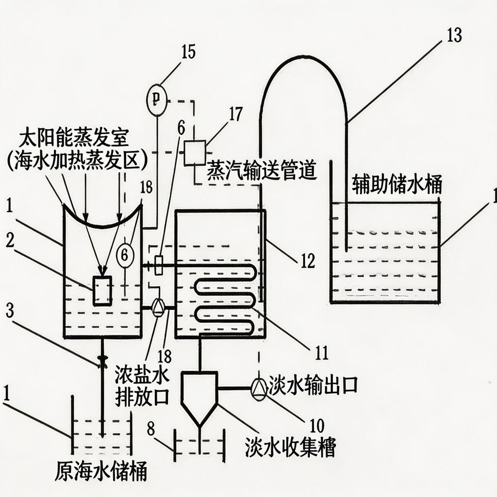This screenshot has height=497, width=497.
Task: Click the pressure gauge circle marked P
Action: click(156, 100)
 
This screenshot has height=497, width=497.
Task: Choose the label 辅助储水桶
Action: click(396, 185)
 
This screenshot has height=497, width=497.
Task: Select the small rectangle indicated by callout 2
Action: click(102, 290)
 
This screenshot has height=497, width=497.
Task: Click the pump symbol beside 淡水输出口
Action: click(259, 388)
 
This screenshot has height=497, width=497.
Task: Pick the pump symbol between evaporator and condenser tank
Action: click(158, 308)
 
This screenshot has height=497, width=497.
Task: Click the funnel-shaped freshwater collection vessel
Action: click(199, 395)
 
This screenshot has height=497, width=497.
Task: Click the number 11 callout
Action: click(319, 351)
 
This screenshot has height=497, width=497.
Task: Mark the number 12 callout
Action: click(306, 261)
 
